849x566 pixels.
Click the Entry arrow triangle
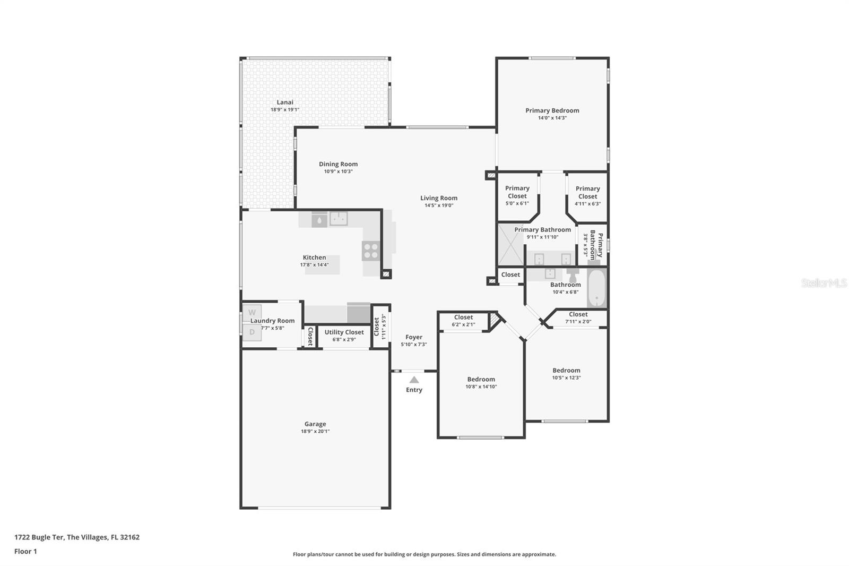(x=414, y=379)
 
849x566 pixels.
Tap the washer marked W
(x=252, y=313)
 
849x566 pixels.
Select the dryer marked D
(x=252, y=332)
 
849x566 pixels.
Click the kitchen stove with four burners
(x=371, y=251)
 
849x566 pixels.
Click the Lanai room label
(x=285, y=102)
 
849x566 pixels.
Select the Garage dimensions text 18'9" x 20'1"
(x=315, y=431)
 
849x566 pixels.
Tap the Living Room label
(x=439, y=198)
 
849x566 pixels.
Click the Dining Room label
(x=338, y=164)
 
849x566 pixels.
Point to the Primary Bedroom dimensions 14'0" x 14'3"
(x=552, y=118)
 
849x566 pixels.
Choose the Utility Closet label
(x=344, y=332)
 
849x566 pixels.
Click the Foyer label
(x=414, y=337)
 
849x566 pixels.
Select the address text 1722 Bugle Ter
(x=39, y=537)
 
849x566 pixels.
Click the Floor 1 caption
(x=25, y=552)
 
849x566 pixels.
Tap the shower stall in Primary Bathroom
(x=510, y=245)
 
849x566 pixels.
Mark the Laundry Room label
(x=272, y=321)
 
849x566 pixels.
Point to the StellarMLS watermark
(x=824, y=283)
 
